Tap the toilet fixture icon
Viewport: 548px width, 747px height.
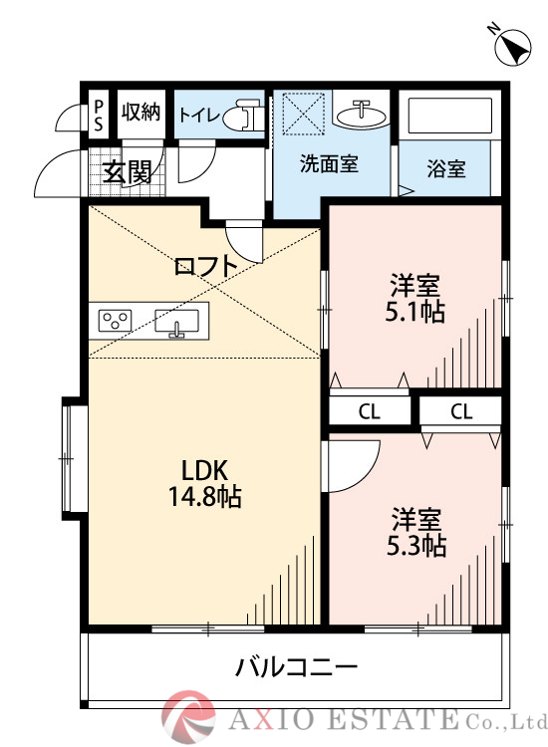click(x=239, y=117)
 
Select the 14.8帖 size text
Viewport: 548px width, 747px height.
click(x=205, y=496)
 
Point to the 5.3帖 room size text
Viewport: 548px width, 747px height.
click(x=415, y=545)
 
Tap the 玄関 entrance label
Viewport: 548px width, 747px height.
click(x=127, y=172)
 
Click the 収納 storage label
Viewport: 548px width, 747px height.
click(x=140, y=112)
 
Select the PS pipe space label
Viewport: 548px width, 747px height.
click(x=99, y=112)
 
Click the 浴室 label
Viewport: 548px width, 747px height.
click(x=446, y=168)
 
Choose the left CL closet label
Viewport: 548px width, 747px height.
click(x=369, y=410)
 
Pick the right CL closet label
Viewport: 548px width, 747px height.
click(x=460, y=410)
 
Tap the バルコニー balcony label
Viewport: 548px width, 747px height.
click(x=296, y=666)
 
